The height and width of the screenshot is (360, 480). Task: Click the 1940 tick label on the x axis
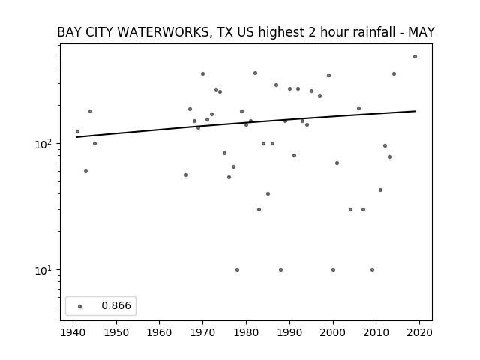(x=73, y=332)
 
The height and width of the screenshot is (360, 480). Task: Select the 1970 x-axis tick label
(x=202, y=332)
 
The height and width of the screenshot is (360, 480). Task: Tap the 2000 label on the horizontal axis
(x=333, y=332)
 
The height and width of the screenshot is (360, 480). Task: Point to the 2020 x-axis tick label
(x=419, y=332)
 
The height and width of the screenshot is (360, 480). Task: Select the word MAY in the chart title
(x=421, y=32)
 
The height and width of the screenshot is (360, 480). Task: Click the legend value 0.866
(x=116, y=305)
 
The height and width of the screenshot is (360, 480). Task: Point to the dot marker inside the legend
(x=80, y=306)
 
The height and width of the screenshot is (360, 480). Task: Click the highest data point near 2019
(x=415, y=57)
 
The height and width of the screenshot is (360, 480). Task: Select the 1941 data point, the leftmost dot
(x=77, y=132)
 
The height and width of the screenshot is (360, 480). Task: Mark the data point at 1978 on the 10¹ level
(x=237, y=270)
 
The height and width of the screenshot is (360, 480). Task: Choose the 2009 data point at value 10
(x=372, y=270)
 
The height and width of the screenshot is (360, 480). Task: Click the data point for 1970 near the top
(x=202, y=73)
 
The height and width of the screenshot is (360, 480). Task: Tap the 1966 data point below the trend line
(x=185, y=175)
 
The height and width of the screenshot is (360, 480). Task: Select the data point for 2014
(x=394, y=73)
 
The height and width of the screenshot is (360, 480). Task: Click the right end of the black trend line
(x=415, y=111)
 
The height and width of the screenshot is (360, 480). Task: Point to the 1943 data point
(x=85, y=172)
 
